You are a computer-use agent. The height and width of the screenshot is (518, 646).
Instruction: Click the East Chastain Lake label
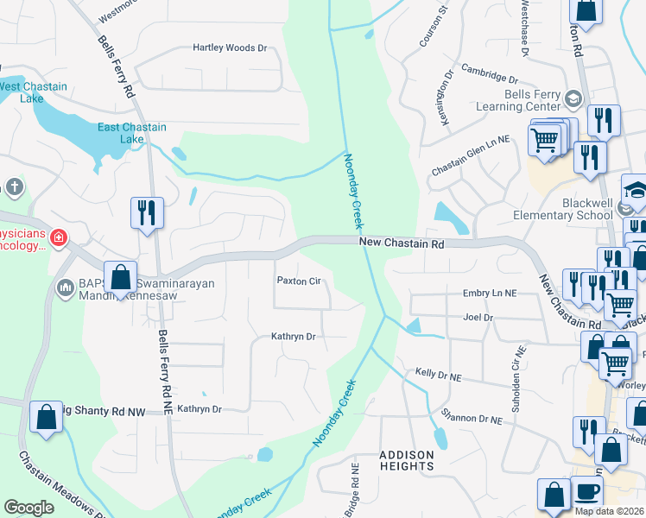pyautogui.click(x=131, y=133)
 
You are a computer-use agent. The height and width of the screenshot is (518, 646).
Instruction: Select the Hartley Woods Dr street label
pyautogui.click(x=230, y=48)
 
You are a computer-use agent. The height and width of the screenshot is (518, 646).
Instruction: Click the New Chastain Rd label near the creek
pyautogui.click(x=402, y=245)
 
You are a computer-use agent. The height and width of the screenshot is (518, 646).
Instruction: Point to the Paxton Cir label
pyautogui.click(x=298, y=281)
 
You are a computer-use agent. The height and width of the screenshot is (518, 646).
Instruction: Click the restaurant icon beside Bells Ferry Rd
pyautogui.click(x=146, y=212)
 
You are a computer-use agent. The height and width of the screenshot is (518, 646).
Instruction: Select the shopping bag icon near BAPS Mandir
pyautogui.click(x=121, y=278)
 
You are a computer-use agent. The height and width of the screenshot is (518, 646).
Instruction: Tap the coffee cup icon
pyautogui.click(x=586, y=492)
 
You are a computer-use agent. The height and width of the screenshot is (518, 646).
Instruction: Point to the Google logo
pyautogui.click(x=28, y=508)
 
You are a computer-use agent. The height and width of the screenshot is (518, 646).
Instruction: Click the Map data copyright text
pyautogui.click(x=608, y=511)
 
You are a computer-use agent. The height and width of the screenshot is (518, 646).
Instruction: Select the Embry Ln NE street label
pyautogui.click(x=490, y=294)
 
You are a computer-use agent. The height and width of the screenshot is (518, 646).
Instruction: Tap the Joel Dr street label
pyautogui.click(x=478, y=318)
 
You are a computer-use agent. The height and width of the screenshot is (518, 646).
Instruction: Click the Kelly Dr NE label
pyautogui.click(x=439, y=373)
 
